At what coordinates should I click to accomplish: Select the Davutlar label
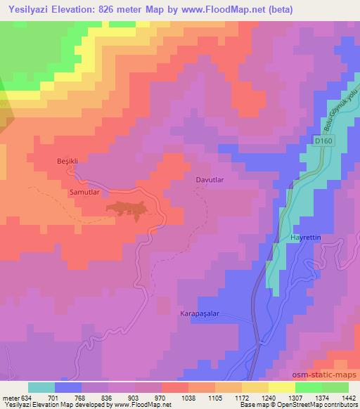(210, 180)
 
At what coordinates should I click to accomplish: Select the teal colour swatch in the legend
(42, 387)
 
